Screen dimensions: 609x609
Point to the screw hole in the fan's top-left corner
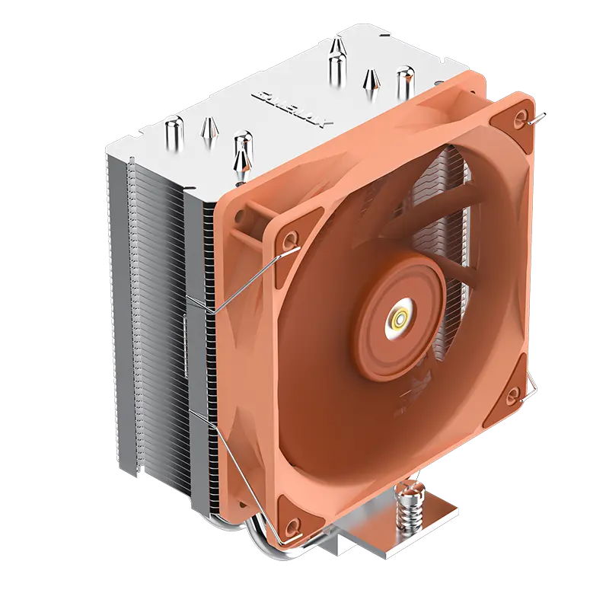[290, 241]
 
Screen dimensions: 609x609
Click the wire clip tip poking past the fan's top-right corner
[538, 116]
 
